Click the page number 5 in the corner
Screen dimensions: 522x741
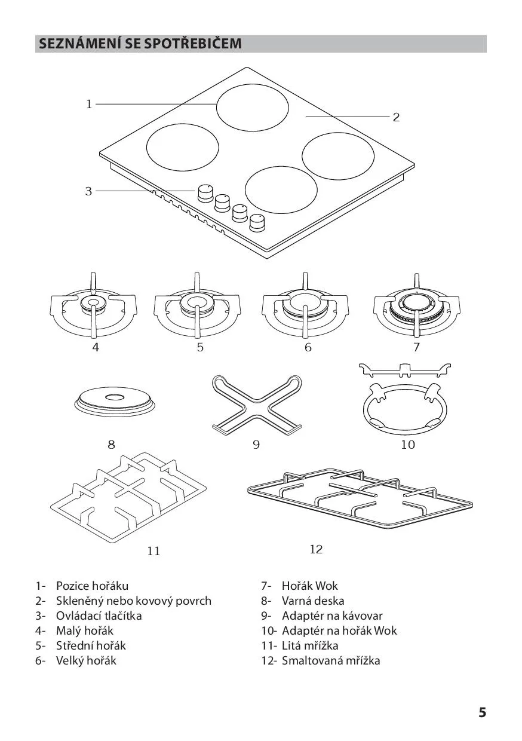tap(483, 710)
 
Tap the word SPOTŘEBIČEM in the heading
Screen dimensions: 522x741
tap(193, 44)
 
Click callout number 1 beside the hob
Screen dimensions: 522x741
tap(89, 105)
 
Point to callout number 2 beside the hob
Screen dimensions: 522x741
tap(396, 117)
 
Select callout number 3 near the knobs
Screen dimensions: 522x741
tap(88, 191)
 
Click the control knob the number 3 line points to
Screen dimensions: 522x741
tap(205, 193)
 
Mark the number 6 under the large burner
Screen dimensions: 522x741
tap(308, 347)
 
